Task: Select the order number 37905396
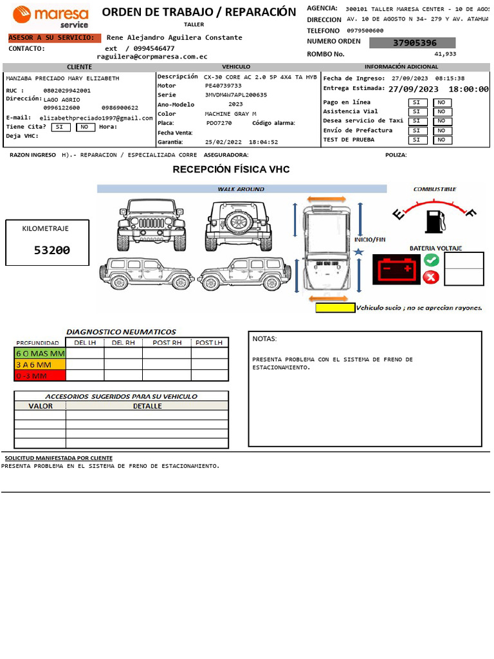pos(414,43)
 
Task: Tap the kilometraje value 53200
pos(52,250)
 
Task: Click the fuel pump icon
pos(434,220)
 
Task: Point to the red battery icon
pos(396,269)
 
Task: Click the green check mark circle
pos(432,261)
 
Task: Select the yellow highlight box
pos(335,308)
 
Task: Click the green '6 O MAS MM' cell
pos(40,353)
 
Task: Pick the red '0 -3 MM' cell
pos(40,375)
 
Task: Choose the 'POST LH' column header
pos(209,342)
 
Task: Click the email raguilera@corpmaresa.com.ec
pos(152,57)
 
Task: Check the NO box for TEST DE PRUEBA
pos(443,140)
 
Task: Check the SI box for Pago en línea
pos(416,102)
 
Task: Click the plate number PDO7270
pos(219,123)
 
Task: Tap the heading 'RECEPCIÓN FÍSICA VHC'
pos(231,169)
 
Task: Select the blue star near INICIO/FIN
pos(359,252)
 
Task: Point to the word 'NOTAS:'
pos(264,339)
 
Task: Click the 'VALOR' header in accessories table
pos(41,406)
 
